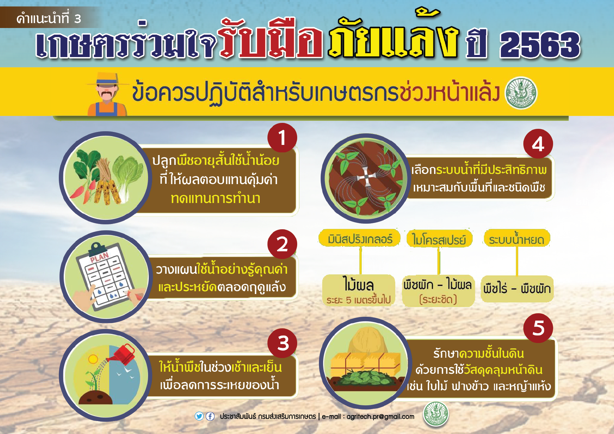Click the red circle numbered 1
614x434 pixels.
click(282, 138)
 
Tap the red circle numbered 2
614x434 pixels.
click(282, 244)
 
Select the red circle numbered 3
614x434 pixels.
click(282, 343)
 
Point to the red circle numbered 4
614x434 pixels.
click(538, 144)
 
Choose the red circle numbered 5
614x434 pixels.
click(538, 328)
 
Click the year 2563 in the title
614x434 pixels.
click(540, 45)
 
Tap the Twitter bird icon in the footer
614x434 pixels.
click(199, 416)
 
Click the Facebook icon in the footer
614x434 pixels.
click(210, 416)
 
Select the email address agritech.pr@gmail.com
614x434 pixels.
click(380, 416)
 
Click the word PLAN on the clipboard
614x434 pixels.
click(99, 257)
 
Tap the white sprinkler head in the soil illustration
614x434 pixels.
click(366, 177)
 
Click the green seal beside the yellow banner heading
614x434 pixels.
click(521, 93)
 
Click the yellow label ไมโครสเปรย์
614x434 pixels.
click(439, 239)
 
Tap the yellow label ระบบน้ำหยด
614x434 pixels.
click(517, 239)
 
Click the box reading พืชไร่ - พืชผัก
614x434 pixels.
click(517, 289)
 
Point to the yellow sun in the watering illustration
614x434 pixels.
click(93, 359)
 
